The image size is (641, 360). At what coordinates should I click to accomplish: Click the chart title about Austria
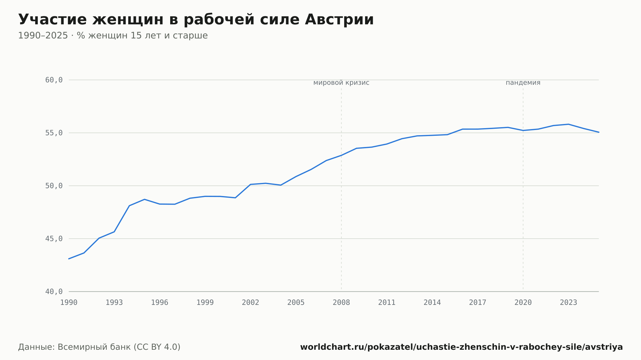pos(196,20)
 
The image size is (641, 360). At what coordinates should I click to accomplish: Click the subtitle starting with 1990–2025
pos(113,36)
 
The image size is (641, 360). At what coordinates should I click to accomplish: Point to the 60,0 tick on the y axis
pos(54,80)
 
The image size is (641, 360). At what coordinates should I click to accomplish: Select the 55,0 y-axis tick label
pos(54,133)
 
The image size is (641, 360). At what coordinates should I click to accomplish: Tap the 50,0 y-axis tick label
pos(54,186)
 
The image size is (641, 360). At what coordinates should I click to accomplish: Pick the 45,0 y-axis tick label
pos(54,239)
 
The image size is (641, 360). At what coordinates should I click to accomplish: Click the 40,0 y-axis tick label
pos(54,291)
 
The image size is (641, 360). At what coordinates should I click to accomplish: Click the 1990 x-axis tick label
pos(69,303)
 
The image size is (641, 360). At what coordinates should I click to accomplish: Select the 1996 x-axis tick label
pos(160,303)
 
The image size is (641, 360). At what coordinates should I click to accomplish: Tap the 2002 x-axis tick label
pos(251,303)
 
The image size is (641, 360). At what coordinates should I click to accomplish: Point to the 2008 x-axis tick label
pos(341,303)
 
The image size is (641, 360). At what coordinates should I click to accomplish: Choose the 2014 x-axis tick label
pos(432,303)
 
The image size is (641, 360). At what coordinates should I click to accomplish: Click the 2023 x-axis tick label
pos(569,303)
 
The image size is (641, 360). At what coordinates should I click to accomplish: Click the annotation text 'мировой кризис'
pos(341,83)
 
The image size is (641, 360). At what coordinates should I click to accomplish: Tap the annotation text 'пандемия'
pos(523,83)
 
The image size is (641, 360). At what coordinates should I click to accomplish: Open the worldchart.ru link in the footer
pos(462,347)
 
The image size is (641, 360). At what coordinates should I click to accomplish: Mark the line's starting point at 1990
pos(69,259)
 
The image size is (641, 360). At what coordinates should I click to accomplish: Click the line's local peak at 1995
pos(145,199)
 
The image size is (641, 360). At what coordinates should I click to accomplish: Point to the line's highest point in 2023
pos(569,124)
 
